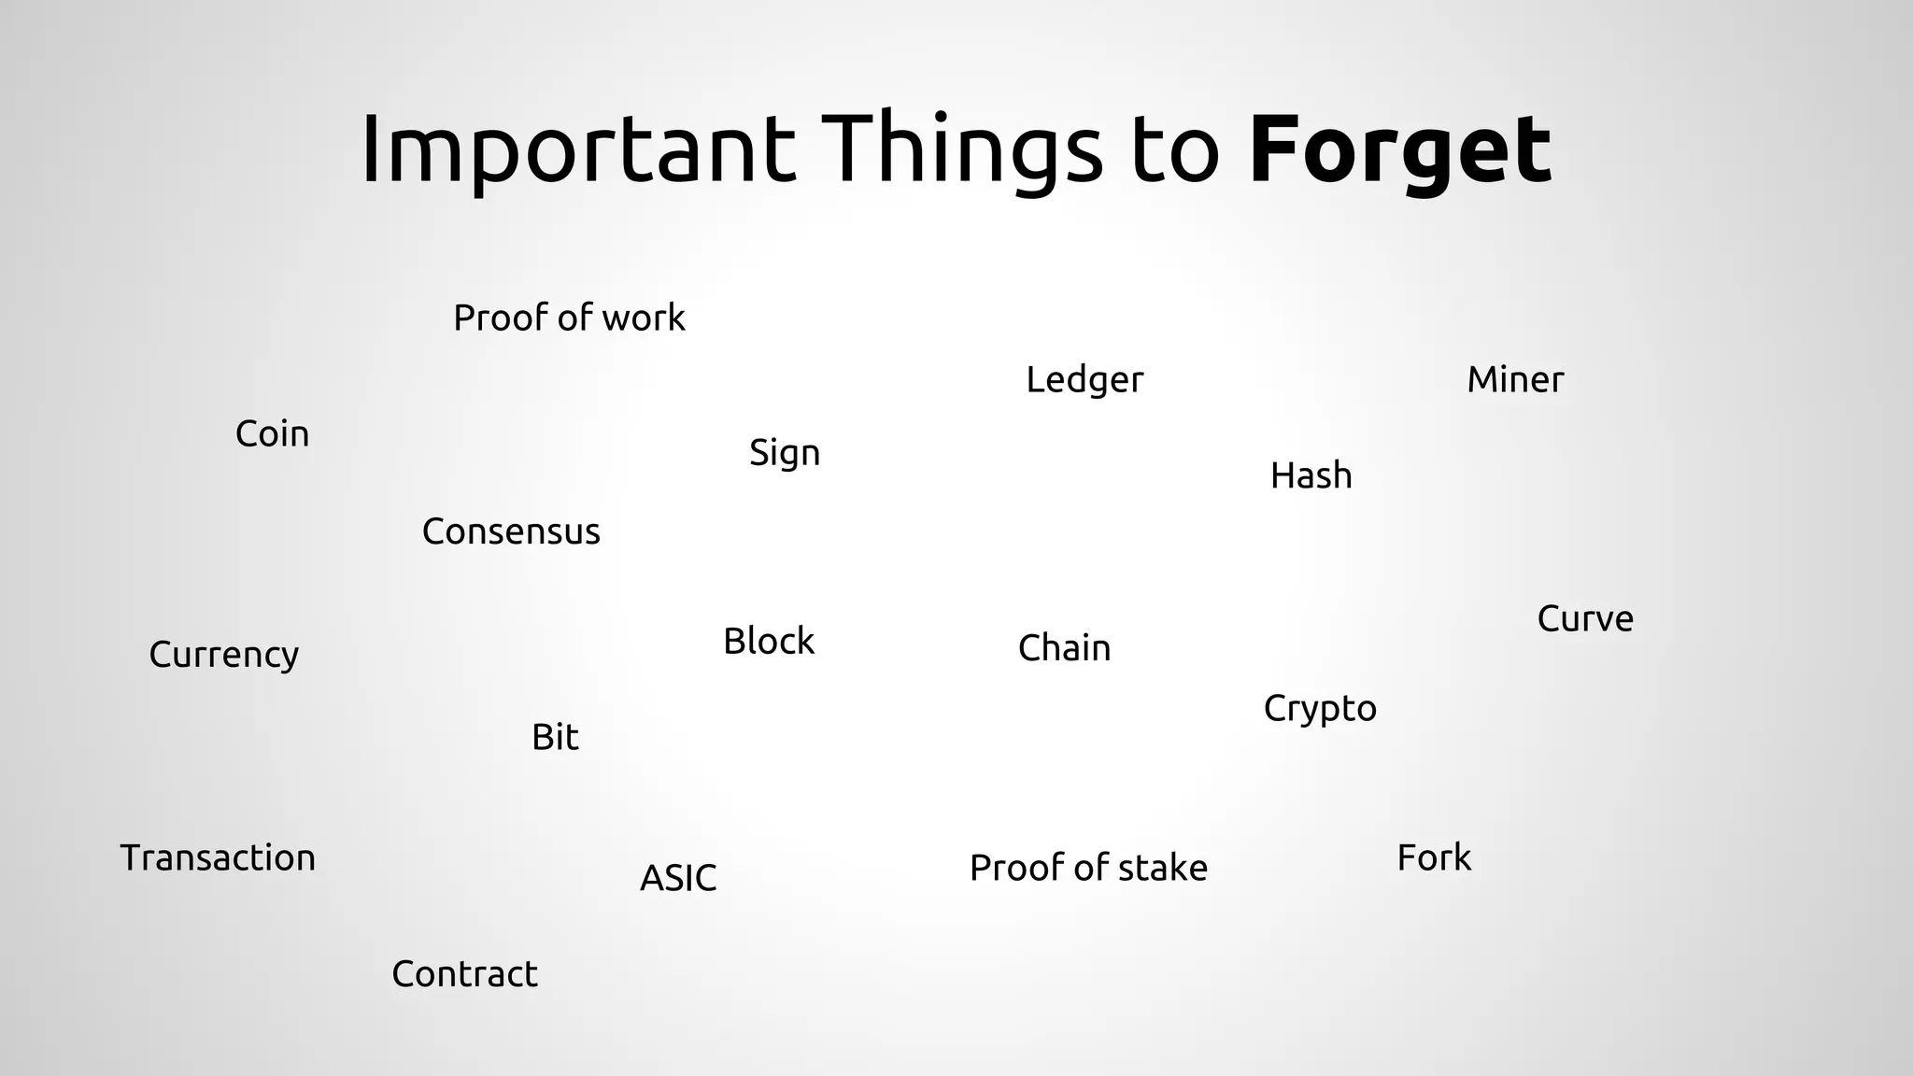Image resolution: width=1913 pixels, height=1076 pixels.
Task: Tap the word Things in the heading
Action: (x=962, y=149)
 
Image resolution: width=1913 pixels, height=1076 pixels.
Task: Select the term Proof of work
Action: (x=569, y=319)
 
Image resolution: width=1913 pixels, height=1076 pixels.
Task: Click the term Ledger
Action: (x=1084, y=380)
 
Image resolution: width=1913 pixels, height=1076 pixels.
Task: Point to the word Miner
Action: (x=1515, y=380)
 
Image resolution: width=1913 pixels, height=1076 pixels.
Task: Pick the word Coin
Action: (x=272, y=434)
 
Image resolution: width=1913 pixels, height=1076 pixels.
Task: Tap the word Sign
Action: (x=785, y=454)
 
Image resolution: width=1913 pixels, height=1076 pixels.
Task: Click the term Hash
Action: (x=1311, y=476)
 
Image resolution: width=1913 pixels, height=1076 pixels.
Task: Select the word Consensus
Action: (x=511, y=532)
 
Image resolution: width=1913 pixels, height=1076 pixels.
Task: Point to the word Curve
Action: (x=1585, y=619)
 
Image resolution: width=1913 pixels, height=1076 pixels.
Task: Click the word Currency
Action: (x=224, y=655)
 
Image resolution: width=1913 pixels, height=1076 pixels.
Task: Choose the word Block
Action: (x=769, y=642)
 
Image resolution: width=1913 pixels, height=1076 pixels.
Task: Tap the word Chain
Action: (x=1064, y=648)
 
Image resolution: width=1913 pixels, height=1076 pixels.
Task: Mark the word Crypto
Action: (x=1320, y=709)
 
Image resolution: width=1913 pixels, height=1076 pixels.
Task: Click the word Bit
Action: (x=555, y=738)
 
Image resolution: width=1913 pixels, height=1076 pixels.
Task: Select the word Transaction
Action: (x=218, y=858)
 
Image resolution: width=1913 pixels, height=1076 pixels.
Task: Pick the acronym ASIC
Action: (x=678, y=878)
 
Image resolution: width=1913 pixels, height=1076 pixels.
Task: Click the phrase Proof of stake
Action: (x=1088, y=869)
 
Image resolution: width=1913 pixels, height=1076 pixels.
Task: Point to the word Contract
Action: (x=464, y=974)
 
